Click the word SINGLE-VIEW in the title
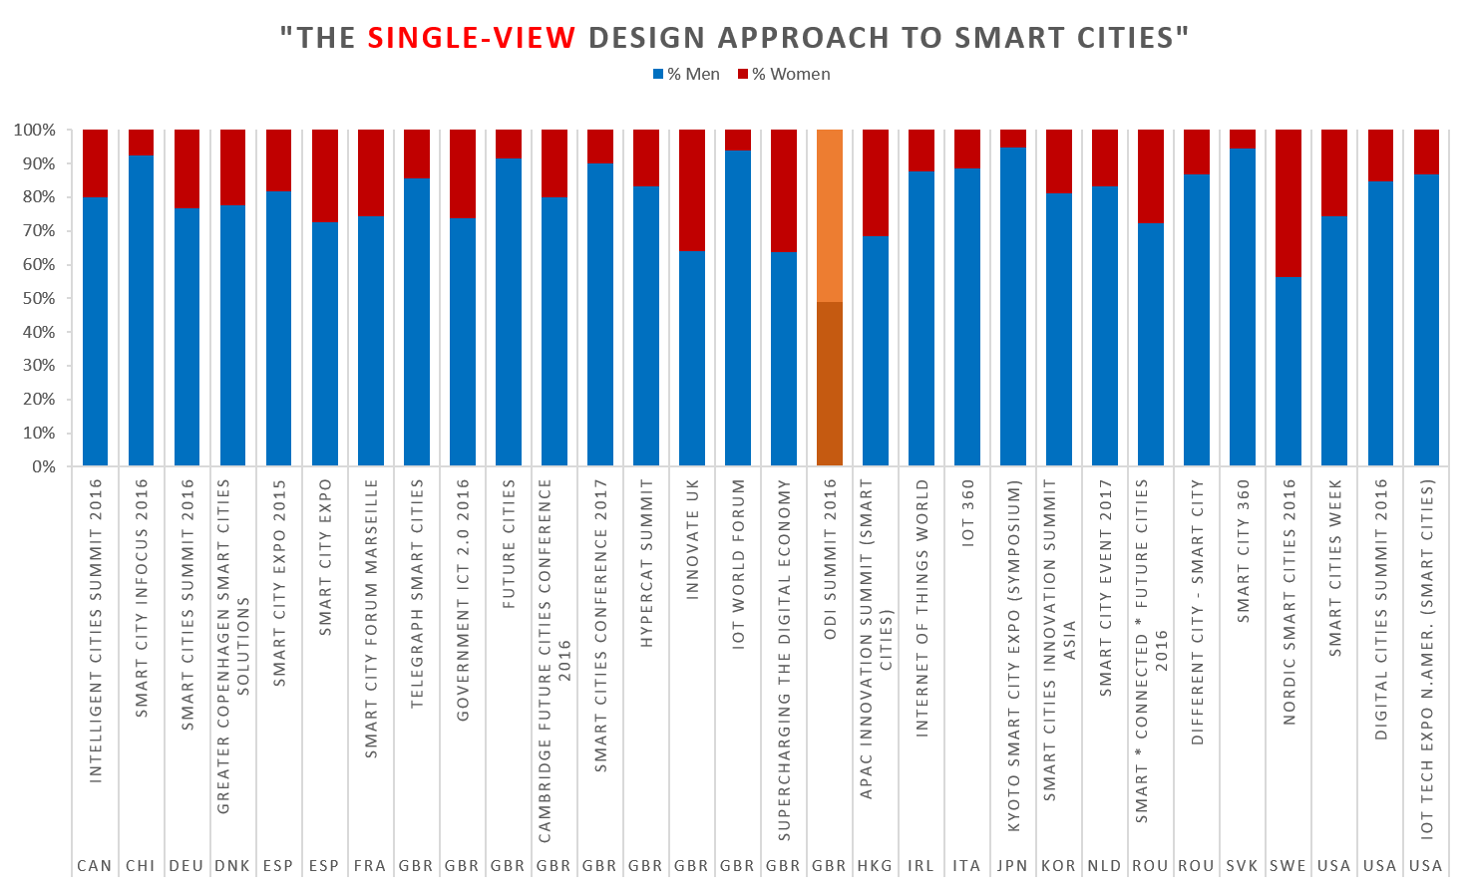[471, 38]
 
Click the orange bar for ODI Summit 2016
[830, 299]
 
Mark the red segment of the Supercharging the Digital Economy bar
[784, 190]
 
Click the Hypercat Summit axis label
[645, 563]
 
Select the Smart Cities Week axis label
[1334, 567]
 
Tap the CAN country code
[95, 865]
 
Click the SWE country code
[1288, 865]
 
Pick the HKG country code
[875, 865]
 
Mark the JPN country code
[1012, 865]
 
